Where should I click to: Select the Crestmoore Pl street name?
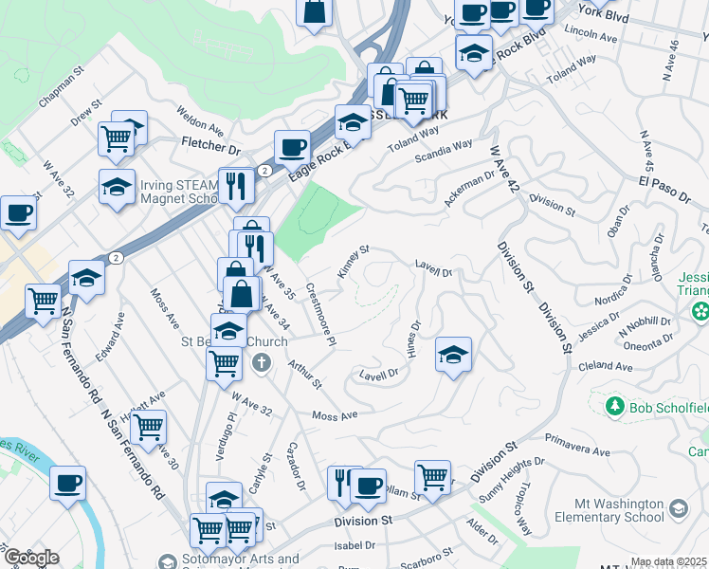point(320,313)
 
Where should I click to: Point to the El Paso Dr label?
point(664,188)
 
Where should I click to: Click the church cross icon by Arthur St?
point(263,361)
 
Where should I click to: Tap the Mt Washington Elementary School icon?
point(678,510)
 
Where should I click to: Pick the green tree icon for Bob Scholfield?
point(613,407)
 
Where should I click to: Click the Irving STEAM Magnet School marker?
point(117,186)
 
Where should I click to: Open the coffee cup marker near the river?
point(67,483)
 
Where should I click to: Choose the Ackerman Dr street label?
point(470,188)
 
